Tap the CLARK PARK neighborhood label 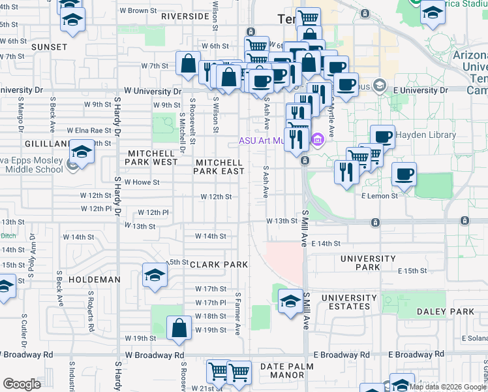click(219, 265)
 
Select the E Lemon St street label click(379, 196)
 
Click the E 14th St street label click(326, 244)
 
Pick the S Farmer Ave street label click(238, 314)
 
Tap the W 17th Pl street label click(210, 303)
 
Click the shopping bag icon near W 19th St click(179, 328)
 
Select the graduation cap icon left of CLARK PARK click(155, 275)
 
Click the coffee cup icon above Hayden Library click(382, 137)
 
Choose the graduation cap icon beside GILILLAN click(82, 152)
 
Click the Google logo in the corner click(22, 384)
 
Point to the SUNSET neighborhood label click(49, 47)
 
